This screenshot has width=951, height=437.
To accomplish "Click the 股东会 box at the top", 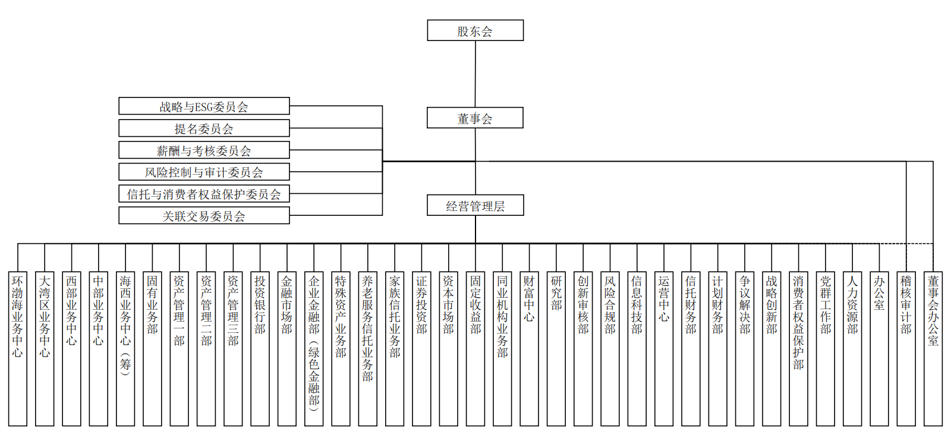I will [x=475, y=30].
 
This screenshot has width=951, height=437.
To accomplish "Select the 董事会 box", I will [x=475, y=118].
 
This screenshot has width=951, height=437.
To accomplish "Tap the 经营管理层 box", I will [x=475, y=205].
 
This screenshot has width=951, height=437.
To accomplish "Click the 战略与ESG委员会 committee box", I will [x=204, y=106].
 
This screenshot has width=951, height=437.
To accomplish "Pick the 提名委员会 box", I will [x=204, y=128].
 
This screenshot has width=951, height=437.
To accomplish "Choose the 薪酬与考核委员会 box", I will [x=204, y=150].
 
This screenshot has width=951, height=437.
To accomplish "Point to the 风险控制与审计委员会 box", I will [x=204, y=172].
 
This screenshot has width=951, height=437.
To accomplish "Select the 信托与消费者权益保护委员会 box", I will [x=204, y=194].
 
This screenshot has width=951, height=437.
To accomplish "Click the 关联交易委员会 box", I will [x=204, y=215].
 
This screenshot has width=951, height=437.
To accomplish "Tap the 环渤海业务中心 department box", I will [x=18, y=349].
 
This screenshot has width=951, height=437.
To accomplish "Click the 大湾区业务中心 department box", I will [x=45, y=349].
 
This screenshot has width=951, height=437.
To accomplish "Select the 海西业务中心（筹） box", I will [x=125, y=349].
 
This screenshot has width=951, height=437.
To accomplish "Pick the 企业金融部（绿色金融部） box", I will [x=314, y=349].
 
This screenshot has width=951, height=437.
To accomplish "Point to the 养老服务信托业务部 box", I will [x=368, y=349].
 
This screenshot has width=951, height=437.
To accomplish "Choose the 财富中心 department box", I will [x=529, y=349].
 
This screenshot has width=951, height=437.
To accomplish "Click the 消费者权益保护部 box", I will [x=798, y=349].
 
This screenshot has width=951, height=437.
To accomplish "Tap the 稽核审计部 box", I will [x=906, y=349].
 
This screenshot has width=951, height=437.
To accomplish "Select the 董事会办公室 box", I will [x=933, y=349].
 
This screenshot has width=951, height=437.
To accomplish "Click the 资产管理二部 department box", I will [x=206, y=349].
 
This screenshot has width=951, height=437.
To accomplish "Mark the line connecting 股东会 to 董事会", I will [x=475, y=74].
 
